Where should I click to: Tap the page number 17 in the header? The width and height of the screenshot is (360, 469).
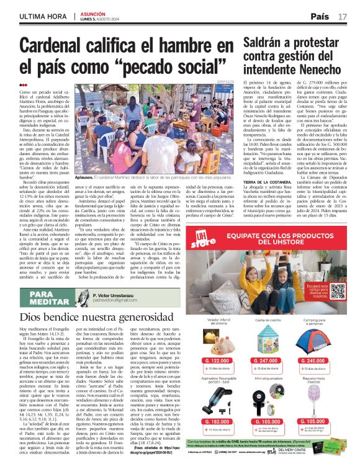tap(343, 16)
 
